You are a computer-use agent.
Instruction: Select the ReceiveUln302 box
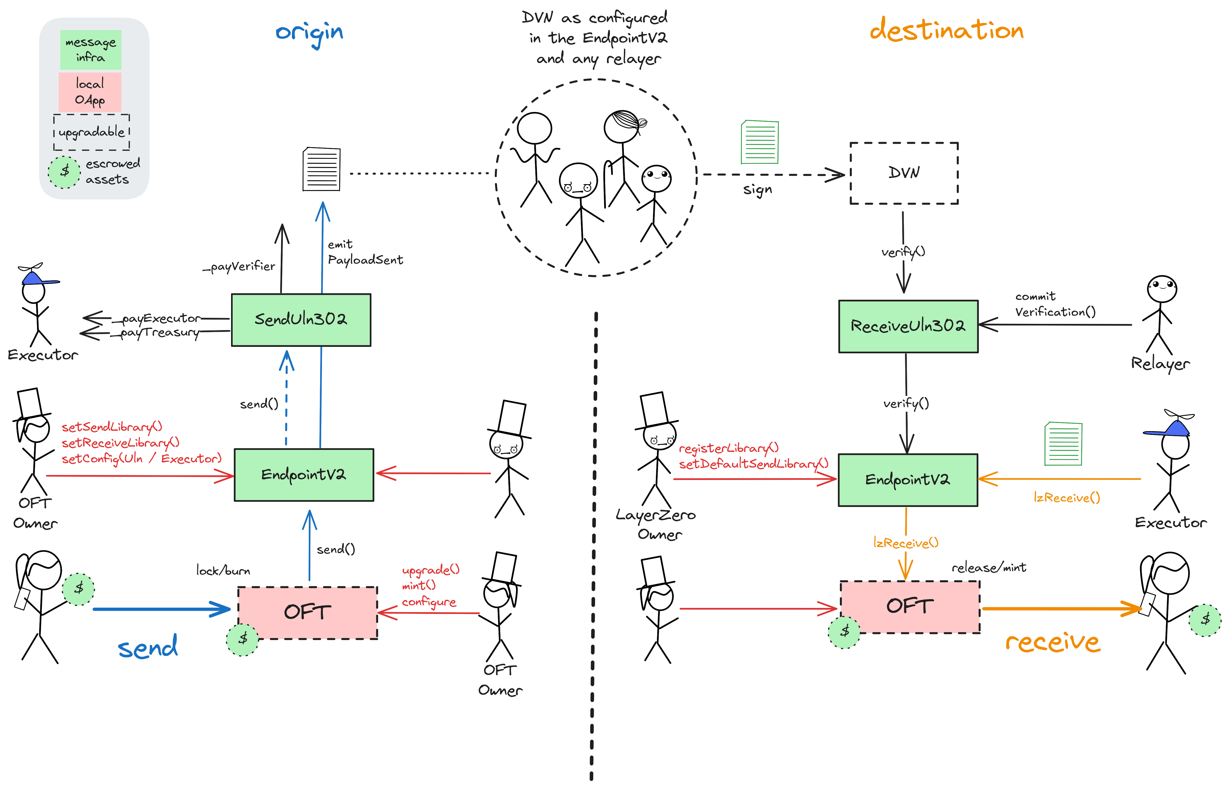click(908, 326)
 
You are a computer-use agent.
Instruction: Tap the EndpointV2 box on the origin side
click(304, 475)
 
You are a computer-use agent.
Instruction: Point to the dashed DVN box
click(904, 173)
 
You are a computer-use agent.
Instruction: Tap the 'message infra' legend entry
click(90, 50)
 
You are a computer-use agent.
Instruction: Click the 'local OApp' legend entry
click(90, 91)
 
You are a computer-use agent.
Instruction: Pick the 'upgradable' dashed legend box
click(91, 132)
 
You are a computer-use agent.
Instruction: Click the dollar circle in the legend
click(65, 172)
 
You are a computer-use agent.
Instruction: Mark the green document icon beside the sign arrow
click(760, 142)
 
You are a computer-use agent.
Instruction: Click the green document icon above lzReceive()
click(1063, 444)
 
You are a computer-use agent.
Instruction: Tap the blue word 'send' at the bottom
click(148, 648)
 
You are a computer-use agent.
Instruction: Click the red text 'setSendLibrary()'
click(112, 427)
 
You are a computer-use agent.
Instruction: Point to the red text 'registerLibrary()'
click(729, 448)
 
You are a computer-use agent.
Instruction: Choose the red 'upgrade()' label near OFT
click(430, 570)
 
